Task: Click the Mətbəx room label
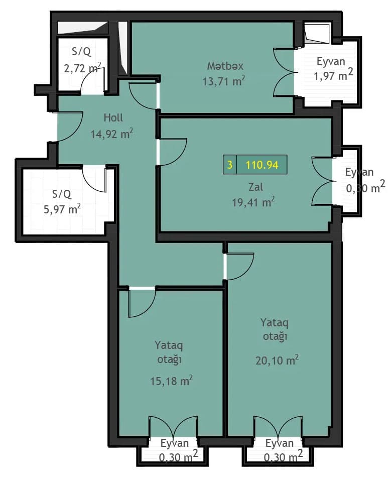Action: (225, 66)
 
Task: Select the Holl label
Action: (113, 117)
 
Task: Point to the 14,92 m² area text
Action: (111, 134)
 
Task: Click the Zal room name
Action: (255, 186)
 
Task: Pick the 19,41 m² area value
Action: (253, 202)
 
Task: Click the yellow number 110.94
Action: (262, 165)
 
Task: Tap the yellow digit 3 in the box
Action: (230, 165)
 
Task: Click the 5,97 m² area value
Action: (62, 209)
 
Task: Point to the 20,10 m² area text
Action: (277, 360)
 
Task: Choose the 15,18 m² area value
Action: (172, 381)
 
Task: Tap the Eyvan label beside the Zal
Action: (359, 172)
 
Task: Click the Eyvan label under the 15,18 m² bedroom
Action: (175, 443)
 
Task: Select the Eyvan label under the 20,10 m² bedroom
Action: (280, 443)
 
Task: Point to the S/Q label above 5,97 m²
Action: (62, 194)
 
